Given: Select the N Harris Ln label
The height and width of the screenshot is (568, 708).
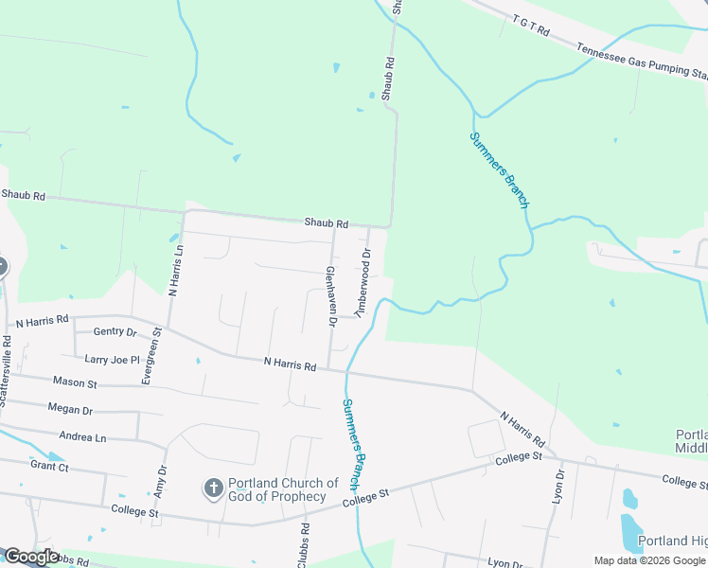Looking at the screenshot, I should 175,269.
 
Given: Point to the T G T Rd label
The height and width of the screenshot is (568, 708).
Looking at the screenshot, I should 531,25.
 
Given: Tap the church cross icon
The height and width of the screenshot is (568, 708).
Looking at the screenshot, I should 213,488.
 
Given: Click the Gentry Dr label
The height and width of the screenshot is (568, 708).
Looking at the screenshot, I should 115,332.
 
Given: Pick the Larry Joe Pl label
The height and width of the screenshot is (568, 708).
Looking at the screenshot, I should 112,360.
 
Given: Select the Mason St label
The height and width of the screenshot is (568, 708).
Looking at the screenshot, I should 75,382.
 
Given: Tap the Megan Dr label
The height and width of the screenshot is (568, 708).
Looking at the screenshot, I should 69,410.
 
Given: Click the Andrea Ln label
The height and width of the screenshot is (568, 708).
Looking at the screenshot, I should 82,437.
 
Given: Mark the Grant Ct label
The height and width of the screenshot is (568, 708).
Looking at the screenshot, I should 49,466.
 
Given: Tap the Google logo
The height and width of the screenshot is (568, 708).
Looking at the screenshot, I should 30,557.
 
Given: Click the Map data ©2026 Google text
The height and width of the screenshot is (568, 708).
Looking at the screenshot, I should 649,560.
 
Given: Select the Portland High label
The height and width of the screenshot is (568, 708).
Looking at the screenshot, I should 672,541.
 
